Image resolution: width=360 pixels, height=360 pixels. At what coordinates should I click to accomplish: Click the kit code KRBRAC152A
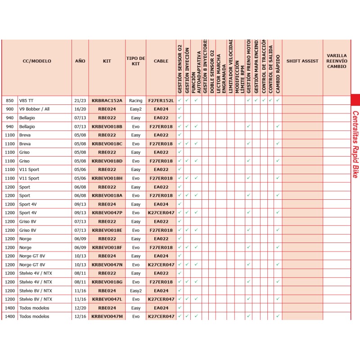click(x=107, y=100)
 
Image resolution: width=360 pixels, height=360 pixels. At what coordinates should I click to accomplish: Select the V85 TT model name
click(x=26, y=100)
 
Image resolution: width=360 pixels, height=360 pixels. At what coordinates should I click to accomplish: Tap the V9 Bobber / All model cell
click(x=34, y=109)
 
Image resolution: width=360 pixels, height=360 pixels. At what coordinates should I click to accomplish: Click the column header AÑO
click(x=80, y=61)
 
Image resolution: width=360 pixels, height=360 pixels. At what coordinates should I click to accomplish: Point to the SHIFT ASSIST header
click(x=302, y=61)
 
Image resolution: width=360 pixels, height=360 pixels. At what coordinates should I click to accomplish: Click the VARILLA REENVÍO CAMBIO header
click(x=337, y=61)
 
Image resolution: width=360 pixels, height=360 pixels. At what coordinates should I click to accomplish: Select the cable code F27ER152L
click(x=161, y=100)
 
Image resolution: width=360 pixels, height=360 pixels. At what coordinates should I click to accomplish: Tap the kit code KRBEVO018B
click(x=107, y=126)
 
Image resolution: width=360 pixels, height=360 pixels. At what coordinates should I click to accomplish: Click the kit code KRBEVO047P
click(x=107, y=213)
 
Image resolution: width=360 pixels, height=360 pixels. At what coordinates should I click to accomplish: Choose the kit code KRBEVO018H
click(x=107, y=178)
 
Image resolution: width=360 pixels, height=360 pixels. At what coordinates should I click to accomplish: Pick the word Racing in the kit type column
click(x=135, y=100)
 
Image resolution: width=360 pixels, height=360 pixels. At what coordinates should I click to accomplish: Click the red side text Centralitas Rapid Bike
click(x=355, y=144)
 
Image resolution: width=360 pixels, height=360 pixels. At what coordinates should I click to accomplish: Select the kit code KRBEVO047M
click(x=107, y=316)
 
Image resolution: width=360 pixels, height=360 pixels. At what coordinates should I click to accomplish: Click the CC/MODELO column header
click(x=37, y=61)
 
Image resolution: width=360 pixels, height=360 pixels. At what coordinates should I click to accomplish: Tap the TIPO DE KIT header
click(x=135, y=61)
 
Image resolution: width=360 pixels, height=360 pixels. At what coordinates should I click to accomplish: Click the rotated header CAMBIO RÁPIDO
click(x=278, y=74)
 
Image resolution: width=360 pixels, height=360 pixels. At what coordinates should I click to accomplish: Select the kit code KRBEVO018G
click(x=107, y=282)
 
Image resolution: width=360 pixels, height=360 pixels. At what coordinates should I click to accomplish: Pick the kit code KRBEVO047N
click(x=107, y=265)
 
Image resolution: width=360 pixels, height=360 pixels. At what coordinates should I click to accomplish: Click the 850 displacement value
click(x=9, y=100)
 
